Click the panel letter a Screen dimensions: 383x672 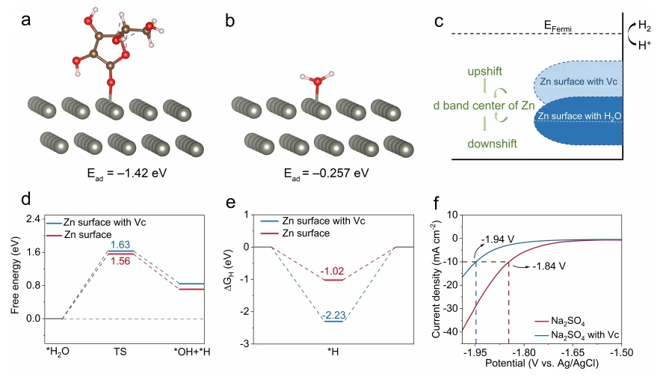[26, 20]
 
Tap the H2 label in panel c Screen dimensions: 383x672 [647, 24]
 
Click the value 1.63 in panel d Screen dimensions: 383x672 [121, 245]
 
